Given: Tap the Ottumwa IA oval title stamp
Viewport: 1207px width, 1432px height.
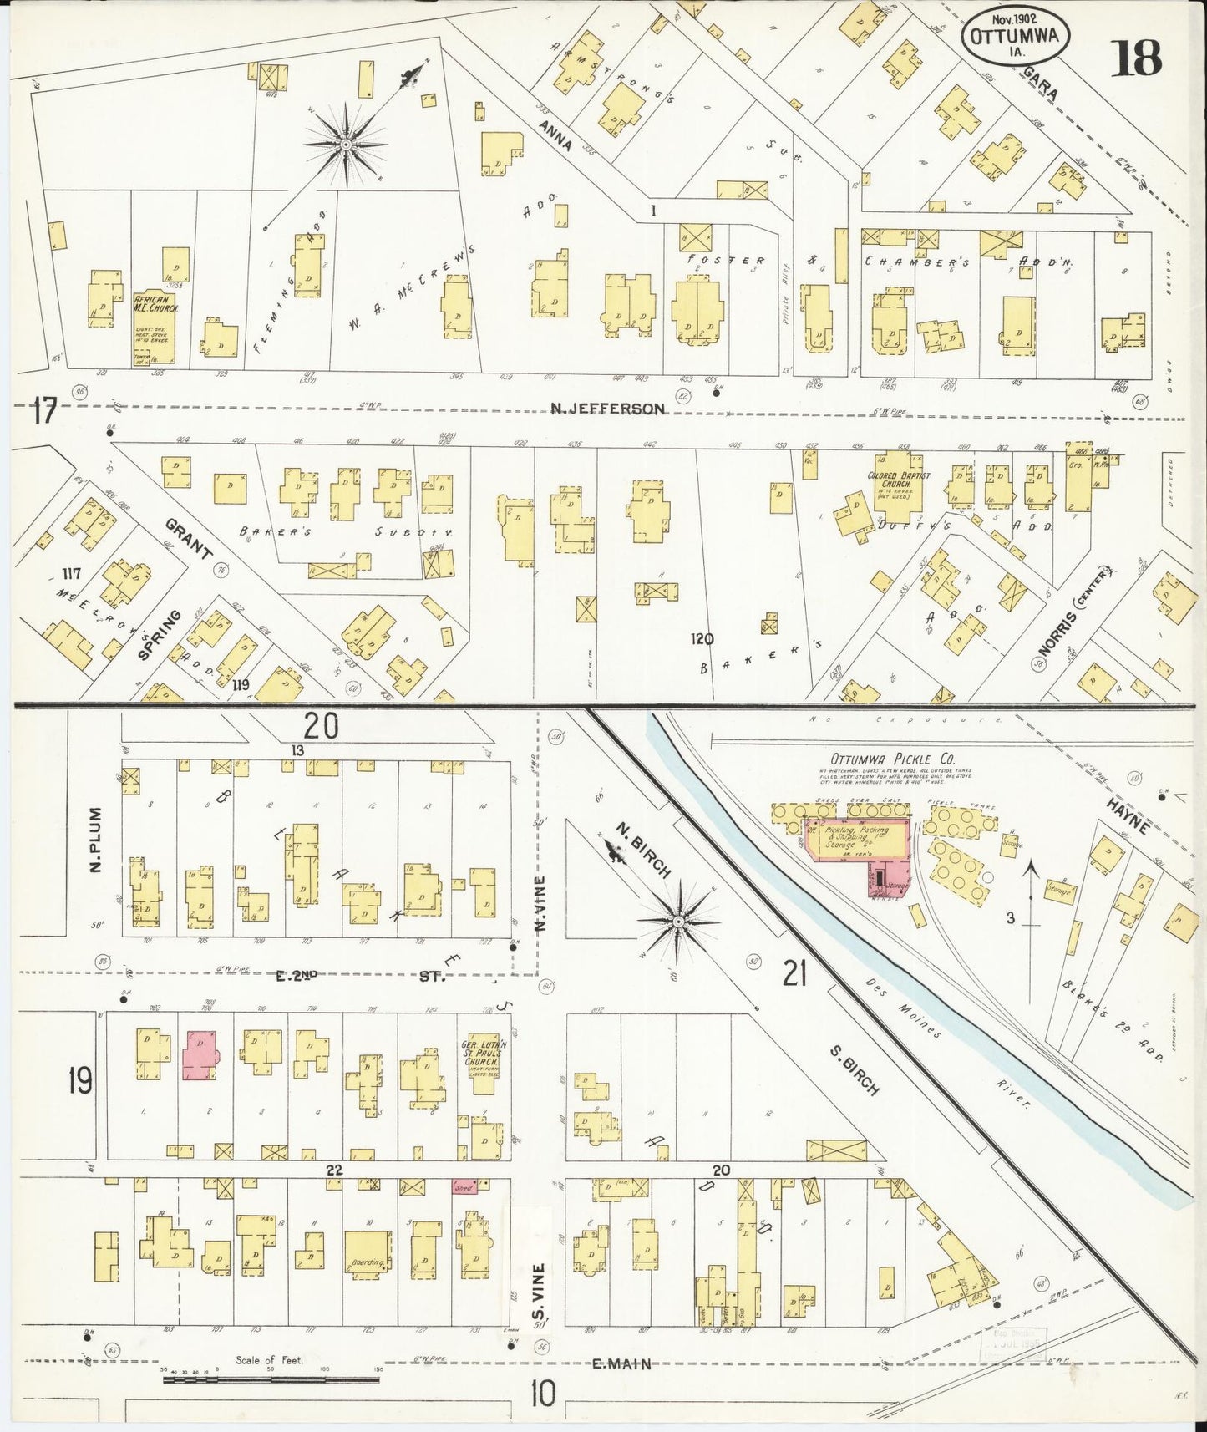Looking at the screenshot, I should tap(1016, 37).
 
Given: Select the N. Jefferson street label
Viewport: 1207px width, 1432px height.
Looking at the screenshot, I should tap(607, 409).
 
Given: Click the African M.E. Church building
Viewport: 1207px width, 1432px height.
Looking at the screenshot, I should tap(155, 327).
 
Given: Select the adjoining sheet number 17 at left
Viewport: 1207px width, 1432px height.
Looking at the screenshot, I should tap(44, 412).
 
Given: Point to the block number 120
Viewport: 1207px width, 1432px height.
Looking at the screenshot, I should tap(702, 639).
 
